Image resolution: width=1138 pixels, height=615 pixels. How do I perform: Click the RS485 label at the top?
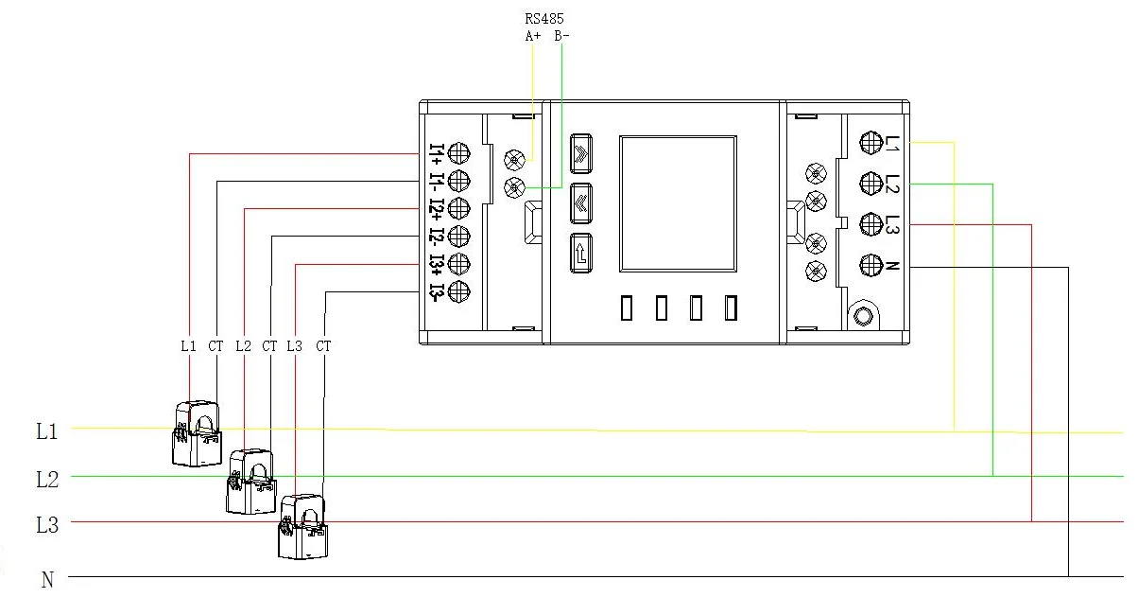546,17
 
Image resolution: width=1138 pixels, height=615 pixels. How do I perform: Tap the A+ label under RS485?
533,36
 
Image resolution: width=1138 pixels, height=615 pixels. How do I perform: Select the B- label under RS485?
561,36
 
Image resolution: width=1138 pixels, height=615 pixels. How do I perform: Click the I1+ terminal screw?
460,152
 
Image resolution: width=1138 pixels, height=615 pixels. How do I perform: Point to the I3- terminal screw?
460,291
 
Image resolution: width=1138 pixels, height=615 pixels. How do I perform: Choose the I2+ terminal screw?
460,208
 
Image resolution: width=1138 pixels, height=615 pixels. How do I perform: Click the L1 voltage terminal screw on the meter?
871,142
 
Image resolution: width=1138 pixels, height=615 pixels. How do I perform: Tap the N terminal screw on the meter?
871,266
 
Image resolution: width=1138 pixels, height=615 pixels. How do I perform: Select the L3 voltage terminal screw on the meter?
871,224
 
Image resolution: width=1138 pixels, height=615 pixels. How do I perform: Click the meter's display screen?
678,202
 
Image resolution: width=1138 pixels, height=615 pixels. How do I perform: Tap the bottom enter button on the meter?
580,254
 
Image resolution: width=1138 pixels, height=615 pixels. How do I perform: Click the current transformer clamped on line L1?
198,432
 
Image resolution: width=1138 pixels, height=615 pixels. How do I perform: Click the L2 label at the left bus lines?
47,480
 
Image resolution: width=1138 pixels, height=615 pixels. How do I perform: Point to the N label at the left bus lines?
47,580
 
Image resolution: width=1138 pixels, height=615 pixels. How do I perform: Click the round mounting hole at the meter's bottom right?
861,316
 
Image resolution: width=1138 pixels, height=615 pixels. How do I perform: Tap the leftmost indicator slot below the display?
627,308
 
